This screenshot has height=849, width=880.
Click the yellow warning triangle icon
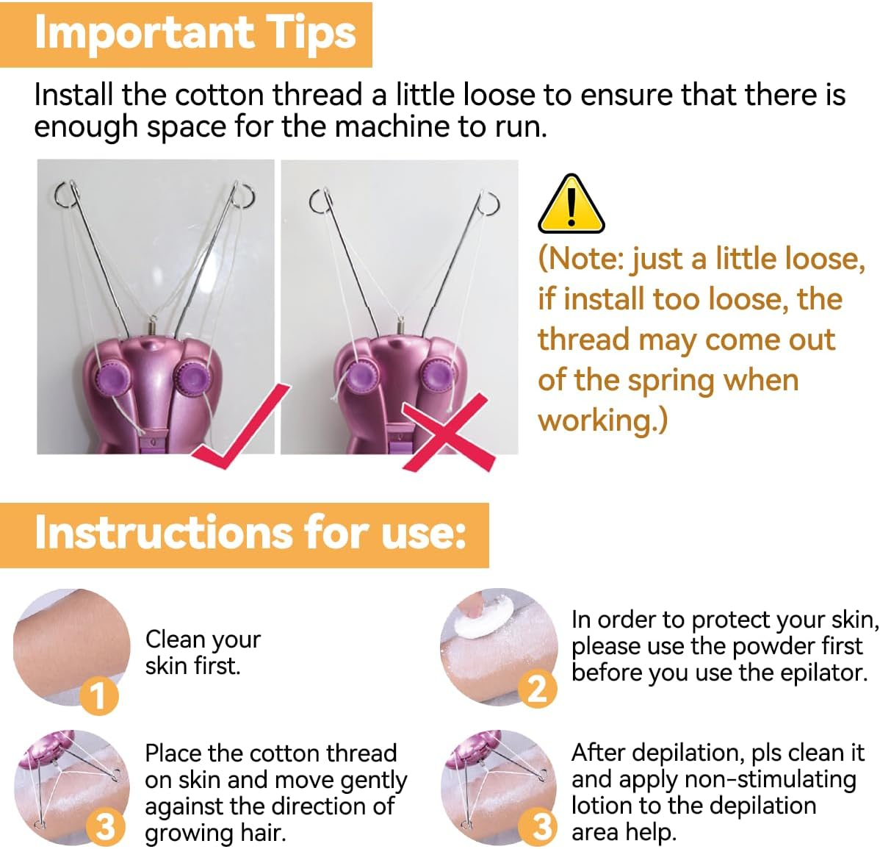pyautogui.click(x=571, y=206)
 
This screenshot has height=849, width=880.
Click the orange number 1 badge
pyautogui.click(x=98, y=695)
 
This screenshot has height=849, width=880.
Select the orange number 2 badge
pyautogui.click(x=537, y=688)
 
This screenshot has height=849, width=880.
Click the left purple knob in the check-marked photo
pyautogui.click(x=115, y=379)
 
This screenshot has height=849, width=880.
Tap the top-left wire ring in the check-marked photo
pyautogui.click(x=65, y=193)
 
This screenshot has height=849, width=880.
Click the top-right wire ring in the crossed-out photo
pyautogui.click(x=488, y=204)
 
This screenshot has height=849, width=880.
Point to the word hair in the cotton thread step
pyautogui.click(x=260, y=833)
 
